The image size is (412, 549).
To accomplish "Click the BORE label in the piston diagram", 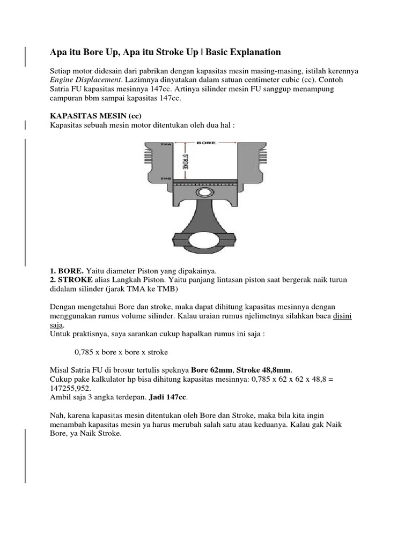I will pyautogui.click(x=206, y=143).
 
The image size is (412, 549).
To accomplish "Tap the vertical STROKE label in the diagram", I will pyautogui.click(x=186, y=162).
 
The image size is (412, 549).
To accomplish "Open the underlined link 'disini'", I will pyautogui.click(x=342, y=316).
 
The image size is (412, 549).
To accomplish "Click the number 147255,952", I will pyautogui.click(x=70, y=388).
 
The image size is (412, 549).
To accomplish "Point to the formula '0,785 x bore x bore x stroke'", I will pyautogui.click(x=121, y=352).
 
